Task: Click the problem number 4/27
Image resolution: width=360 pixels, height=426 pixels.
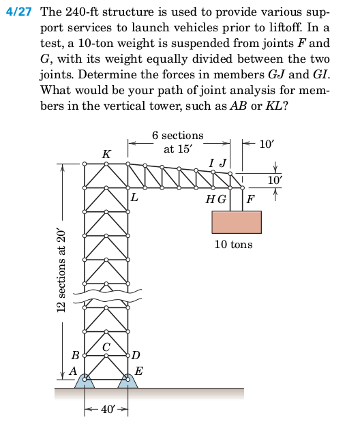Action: [x=20, y=13]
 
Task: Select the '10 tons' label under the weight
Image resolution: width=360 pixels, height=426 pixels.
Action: [x=233, y=244]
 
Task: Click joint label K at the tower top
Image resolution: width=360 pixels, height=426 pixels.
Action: [x=106, y=155]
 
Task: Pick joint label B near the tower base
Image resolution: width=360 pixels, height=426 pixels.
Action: [x=76, y=354]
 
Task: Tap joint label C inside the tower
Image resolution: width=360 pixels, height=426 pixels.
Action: [x=106, y=348]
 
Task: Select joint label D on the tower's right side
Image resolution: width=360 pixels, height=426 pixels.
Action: [x=136, y=355]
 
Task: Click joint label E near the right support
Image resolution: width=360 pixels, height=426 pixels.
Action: [x=139, y=371]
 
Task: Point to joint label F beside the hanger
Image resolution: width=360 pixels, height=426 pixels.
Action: [x=250, y=199]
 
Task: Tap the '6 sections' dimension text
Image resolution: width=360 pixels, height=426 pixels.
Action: [x=177, y=136]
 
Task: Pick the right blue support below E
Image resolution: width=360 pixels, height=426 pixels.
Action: [x=129, y=382]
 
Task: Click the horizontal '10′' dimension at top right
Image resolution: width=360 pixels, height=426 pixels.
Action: [x=269, y=144]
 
